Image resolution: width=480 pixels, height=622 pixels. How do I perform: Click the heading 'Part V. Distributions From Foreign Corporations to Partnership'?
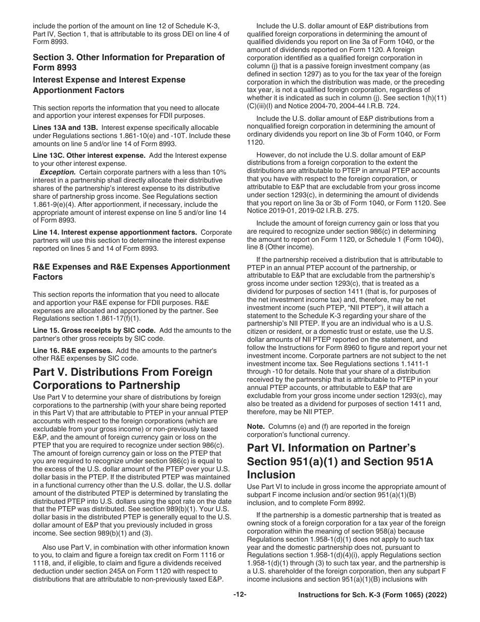coord(123,379)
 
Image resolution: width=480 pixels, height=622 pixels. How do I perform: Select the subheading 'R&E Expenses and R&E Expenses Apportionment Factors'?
coord(131,272)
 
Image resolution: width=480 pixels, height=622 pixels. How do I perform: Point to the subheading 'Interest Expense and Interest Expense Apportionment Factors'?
coord(109,85)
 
